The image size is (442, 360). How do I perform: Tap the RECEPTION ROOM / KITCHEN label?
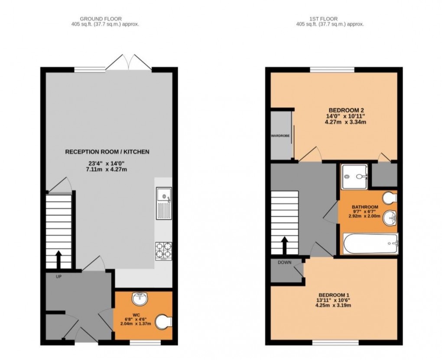coord(107,152)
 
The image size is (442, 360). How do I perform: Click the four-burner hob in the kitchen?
coord(163,251)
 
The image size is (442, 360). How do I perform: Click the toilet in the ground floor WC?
coord(164,321)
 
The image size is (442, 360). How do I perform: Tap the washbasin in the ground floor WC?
coord(140,298)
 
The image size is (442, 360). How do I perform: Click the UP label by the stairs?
coord(58,276)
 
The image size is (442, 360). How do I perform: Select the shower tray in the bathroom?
coord(354,177)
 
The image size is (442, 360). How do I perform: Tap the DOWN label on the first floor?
coord(284,263)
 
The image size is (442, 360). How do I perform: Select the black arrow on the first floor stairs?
coord(284,245)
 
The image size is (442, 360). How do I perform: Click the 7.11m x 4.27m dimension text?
coord(107,169)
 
